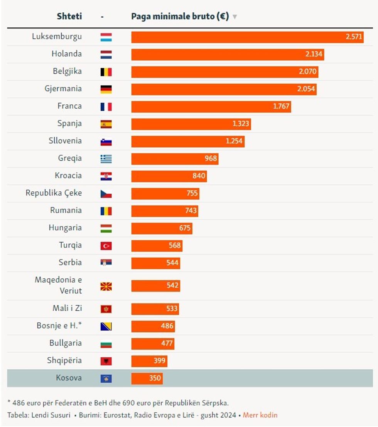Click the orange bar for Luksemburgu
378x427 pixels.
click(x=247, y=37)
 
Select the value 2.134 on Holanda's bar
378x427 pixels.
click(x=314, y=54)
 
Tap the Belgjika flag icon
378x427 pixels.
click(x=106, y=72)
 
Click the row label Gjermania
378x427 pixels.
click(x=63, y=89)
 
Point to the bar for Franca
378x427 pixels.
click(x=211, y=106)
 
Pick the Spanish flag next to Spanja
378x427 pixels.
click(x=106, y=124)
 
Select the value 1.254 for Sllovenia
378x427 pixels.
click(x=234, y=141)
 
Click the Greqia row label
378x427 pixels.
click(x=70, y=158)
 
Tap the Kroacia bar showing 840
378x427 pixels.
click(x=169, y=176)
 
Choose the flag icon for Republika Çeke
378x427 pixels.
click(x=106, y=194)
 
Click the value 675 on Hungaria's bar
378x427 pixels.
click(x=185, y=228)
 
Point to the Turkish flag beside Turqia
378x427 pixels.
click(x=106, y=246)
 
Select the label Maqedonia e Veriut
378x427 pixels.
click(x=58, y=285)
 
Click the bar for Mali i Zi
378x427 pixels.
click(x=155, y=308)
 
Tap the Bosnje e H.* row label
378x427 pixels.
click(x=59, y=326)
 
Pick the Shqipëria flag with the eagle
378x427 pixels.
click(x=106, y=361)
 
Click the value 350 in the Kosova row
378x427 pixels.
click(x=155, y=378)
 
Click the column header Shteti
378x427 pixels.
click(x=69, y=17)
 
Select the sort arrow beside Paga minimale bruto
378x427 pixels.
click(x=235, y=17)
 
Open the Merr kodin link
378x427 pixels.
click(x=260, y=415)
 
